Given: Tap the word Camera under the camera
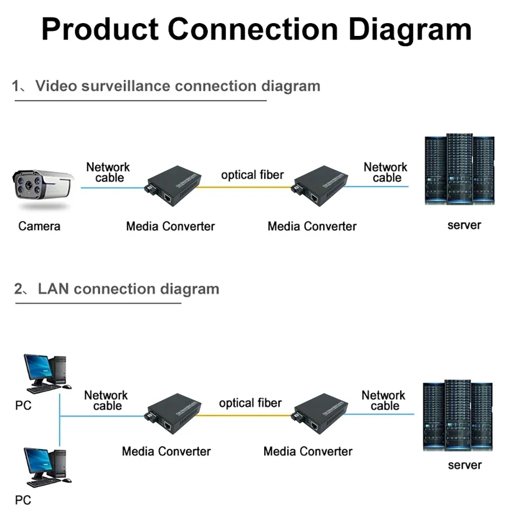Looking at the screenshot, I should point(39,226).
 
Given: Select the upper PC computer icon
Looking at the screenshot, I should point(45,373).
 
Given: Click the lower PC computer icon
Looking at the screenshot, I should point(45,466).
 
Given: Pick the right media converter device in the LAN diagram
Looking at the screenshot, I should point(319,414).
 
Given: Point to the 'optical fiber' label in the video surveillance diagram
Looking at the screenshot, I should point(252,175).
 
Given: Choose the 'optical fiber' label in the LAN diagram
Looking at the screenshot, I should point(250,403).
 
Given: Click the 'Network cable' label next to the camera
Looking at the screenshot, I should point(108,172).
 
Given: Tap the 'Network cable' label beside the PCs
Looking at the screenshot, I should point(106,401).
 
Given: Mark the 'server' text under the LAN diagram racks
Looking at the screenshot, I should point(464,465).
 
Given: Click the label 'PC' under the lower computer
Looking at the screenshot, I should point(23,500).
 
